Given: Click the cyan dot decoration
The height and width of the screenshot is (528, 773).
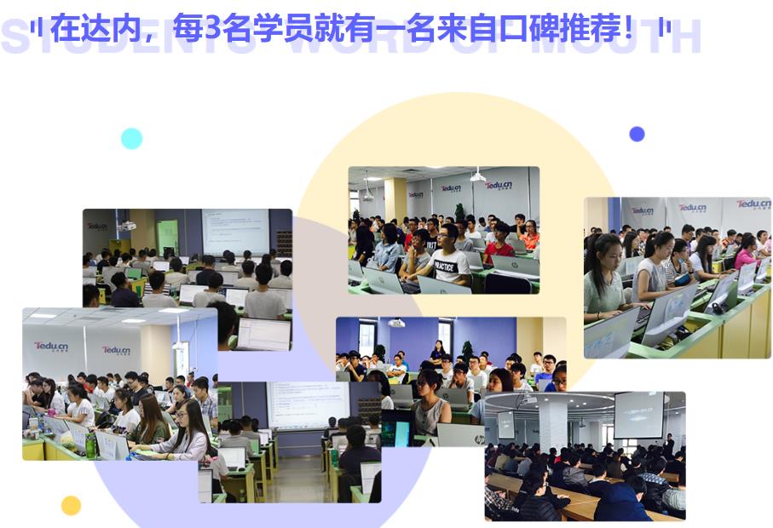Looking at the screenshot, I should pyautogui.click(x=131, y=139).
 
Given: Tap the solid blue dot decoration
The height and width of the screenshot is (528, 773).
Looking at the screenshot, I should pyautogui.click(x=637, y=134).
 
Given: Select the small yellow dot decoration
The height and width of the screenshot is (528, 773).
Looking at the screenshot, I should pyautogui.click(x=71, y=506).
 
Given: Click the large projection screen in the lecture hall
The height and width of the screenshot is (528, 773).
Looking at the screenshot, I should pyautogui.click(x=637, y=415).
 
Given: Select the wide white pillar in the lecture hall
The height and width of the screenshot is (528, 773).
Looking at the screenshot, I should pyautogui.click(x=553, y=426).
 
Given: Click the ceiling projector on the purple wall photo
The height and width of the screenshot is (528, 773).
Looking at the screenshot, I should pyautogui.click(x=396, y=324).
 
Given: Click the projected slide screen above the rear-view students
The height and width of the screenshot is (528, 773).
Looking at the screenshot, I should pyautogui.click(x=234, y=229).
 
